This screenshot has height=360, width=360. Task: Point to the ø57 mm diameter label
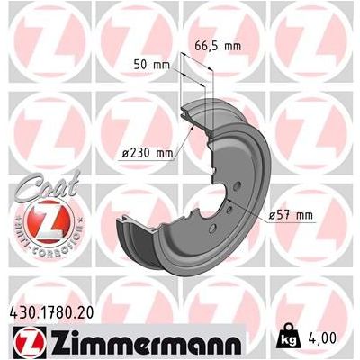click(x=290, y=214)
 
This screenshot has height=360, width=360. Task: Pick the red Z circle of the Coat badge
click(x=37, y=215)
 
